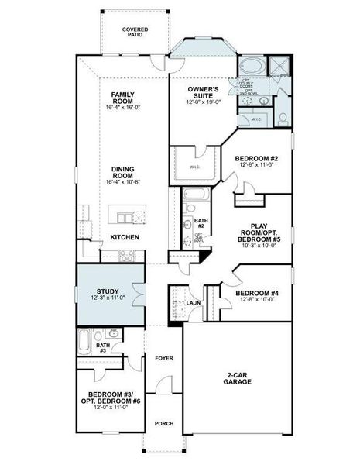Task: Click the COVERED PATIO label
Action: (135, 32)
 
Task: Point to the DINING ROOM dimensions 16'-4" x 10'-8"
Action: (123, 181)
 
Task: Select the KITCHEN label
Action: (123, 237)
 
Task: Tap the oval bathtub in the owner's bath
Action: (252, 64)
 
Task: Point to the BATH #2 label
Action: (199, 223)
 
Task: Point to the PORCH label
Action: (163, 423)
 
